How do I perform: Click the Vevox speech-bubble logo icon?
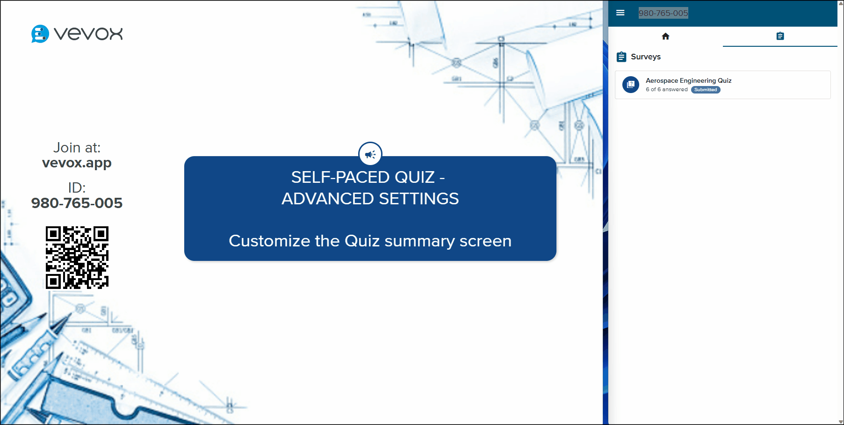point(40,34)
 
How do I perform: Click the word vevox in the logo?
point(88,34)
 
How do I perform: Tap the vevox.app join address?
point(77,163)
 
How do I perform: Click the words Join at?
point(77,148)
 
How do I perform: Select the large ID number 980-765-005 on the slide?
point(77,203)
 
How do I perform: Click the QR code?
point(77,258)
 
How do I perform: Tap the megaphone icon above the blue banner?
point(370,154)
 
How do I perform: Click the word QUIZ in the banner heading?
point(414,177)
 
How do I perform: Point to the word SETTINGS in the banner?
point(418,199)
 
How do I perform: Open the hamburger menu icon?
point(620,13)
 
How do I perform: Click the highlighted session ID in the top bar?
point(663,13)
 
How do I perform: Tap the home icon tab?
point(665,36)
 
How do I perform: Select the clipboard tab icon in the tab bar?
point(780,36)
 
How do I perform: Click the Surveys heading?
point(646,57)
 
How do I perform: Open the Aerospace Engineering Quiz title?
point(688,80)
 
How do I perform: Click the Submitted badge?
point(706,90)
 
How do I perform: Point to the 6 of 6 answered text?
point(666,90)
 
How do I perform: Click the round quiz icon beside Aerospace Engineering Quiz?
point(631,85)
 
